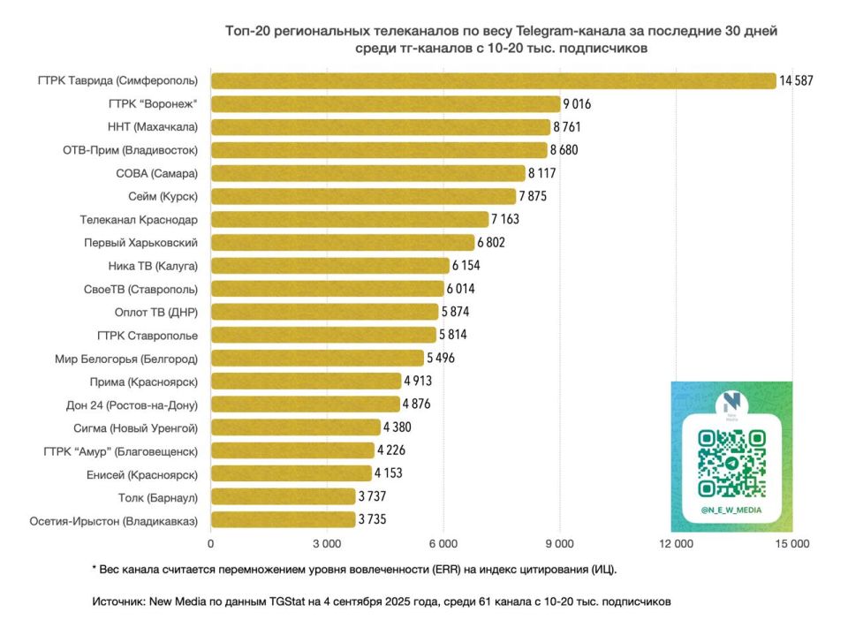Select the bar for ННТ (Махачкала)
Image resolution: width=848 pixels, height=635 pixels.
tap(380, 127)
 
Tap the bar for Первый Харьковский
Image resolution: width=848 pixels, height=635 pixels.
tap(342, 242)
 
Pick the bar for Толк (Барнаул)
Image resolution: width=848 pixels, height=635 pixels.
tap(283, 496)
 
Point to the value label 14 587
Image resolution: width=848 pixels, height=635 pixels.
tap(795, 81)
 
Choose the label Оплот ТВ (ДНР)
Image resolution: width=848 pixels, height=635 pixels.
tap(156, 312)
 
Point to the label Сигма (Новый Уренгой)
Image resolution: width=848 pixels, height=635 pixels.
tap(135, 427)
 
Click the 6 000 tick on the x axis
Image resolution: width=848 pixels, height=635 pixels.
tap(443, 544)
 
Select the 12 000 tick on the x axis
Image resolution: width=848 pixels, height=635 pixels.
tap(676, 544)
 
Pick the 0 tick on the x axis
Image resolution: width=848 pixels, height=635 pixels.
tap(211, 544)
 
